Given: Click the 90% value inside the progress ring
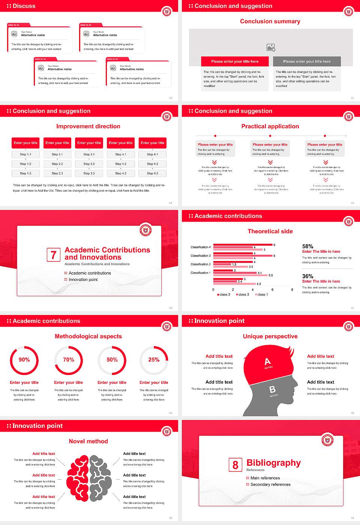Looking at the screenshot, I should pos(24,360).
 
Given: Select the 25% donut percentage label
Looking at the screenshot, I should pos(154,360).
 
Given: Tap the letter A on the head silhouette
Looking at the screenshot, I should pos(267,361).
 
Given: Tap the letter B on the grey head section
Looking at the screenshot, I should pos(273,390).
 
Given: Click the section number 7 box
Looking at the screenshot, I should pos(54,255).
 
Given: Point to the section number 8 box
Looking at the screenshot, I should pos(235,465).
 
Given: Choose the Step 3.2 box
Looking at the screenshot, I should pos(89,164).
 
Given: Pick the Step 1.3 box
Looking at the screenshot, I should pos(25,173).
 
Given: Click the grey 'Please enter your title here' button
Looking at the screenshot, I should pos(307,61).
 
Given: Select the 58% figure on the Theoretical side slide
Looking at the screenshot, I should pos(308,246).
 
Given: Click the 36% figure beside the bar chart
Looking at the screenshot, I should pos(308,276).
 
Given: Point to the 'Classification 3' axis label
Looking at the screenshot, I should pos(201,256).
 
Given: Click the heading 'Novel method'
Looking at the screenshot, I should pos(88,441).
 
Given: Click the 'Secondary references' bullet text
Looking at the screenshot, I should pos(270,484).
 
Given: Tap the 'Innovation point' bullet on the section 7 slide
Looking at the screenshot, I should pos(83,280).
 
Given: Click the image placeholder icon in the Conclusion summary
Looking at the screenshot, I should pos(271,48).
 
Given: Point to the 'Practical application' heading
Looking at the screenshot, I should pos(270,126).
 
